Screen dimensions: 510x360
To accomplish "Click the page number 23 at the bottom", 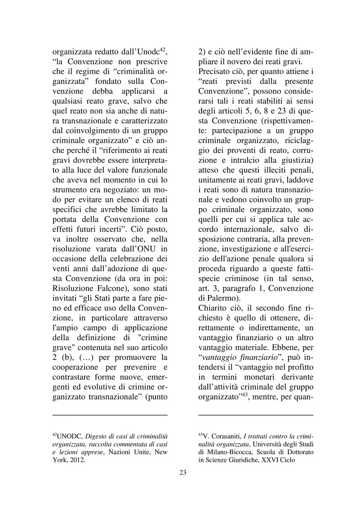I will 183,473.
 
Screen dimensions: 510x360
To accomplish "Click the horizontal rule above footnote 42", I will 110,415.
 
